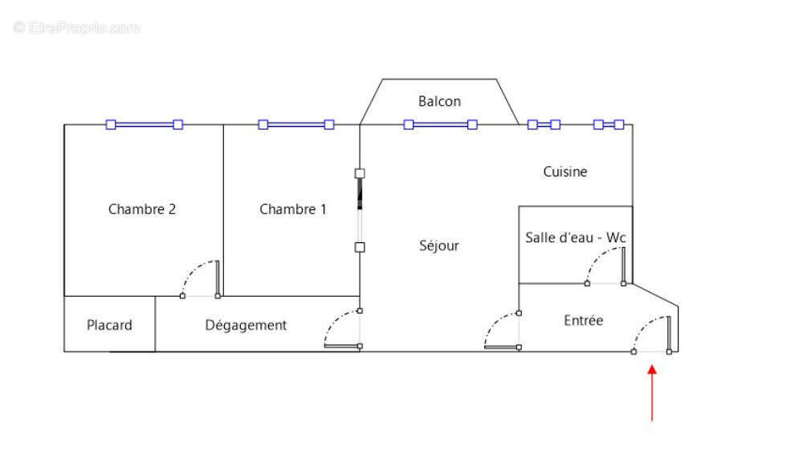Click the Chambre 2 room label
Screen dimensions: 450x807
[x=142, y=209]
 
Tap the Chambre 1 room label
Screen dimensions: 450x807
[x=293, y=209]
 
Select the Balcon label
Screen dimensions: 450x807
[x=439, y=101]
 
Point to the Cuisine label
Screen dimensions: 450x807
[x=565, y=172]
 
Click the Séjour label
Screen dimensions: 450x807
[x=439, y=245]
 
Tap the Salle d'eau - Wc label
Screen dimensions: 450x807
[x=575, y=237]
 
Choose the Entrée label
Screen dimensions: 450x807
[x=583, y=320]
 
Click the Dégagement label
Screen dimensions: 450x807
[x=246, y=325]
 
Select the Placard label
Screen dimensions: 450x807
[x=109, y=325]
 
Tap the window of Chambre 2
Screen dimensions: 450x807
[x=145, y=124]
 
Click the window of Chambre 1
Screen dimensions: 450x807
[x=295, y=124]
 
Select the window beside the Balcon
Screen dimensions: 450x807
[x=440, y=124]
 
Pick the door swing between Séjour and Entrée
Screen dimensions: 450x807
[x=503, y=329]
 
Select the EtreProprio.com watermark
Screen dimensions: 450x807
[x=77, y=27]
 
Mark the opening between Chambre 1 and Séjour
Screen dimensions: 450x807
[x=360, y=210]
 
